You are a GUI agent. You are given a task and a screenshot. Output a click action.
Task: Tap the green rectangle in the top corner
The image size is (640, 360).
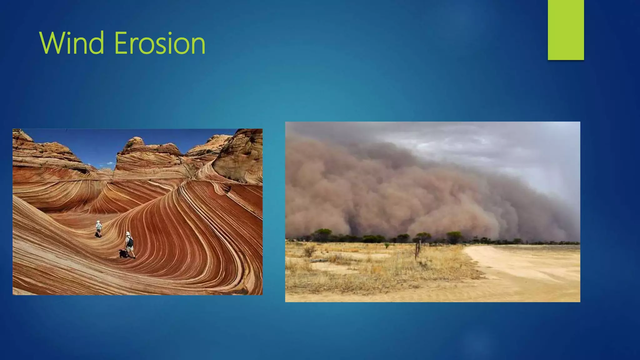pyautogui.click(x=566, y=30)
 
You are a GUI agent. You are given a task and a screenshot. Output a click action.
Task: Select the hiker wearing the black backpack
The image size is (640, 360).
pyautogui.click(x=129, y=244)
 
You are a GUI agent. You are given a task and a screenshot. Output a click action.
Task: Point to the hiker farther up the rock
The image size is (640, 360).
pyautogui.click(x=99, y=228)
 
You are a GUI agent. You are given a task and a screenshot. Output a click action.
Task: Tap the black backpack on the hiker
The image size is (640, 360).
pyautogui.click(x=130, y=241)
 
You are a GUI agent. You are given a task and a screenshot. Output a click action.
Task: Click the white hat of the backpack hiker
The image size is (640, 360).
pyautogui.click(x=127, y=233)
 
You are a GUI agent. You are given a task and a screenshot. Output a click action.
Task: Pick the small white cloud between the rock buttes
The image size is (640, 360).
pyautogui.click(x=110, y=163)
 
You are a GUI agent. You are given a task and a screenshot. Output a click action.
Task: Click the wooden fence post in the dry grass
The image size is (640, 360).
pyautogui.click(x=416, y=250)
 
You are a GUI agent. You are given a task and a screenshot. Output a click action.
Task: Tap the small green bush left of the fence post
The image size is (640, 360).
pyautogui.click(x=387, y=246)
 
